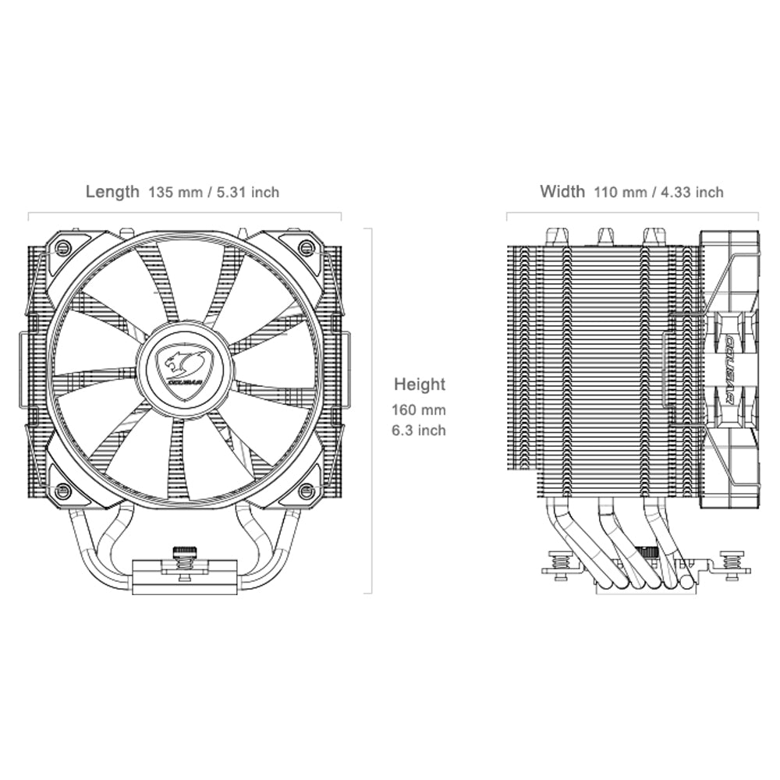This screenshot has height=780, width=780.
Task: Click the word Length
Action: [112, 192]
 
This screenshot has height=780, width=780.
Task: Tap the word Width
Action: [562, 192]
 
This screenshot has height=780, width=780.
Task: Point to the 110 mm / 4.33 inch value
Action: [658, 192]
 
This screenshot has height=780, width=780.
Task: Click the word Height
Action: [420, 385]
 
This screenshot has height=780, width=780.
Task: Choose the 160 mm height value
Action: [420, 409]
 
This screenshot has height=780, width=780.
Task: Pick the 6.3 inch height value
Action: [420, 430]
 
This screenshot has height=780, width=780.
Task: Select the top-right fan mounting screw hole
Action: [307, 248]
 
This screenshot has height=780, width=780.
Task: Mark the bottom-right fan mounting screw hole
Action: [307, 491]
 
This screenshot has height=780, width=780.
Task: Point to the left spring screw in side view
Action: [558, 562]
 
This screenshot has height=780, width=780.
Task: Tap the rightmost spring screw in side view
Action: [731, 562]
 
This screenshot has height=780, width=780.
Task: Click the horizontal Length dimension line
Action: [185, 212]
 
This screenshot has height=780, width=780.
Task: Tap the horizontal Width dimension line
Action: [633, 212]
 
